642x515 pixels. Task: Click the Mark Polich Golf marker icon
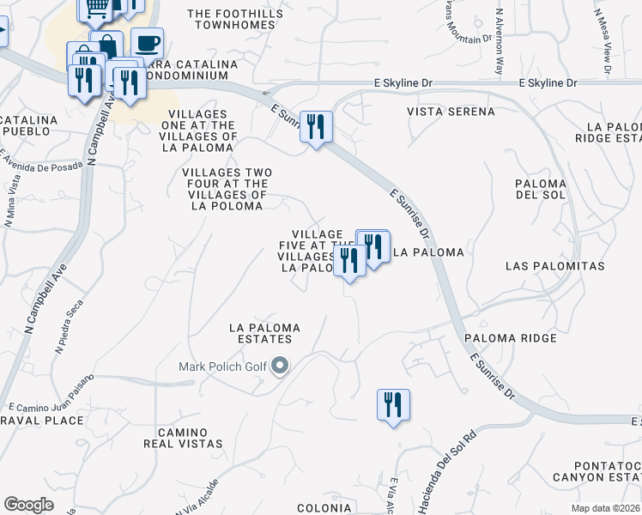[x=279, y=367]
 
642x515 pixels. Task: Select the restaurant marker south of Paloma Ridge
[x=393, y=403]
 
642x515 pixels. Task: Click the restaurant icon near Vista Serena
[x=316, y=127]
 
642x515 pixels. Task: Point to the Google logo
[x=28, y=505]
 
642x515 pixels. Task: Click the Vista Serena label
[x=451, y=112]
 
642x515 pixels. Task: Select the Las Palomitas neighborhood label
[x=554, y=266]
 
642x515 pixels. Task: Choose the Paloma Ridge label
[x=511, y=338]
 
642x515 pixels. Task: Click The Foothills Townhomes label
[x=231, y=19]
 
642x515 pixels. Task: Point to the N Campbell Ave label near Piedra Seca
[x=45, y=292]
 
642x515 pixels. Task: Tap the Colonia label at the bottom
[x=324, y=508]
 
